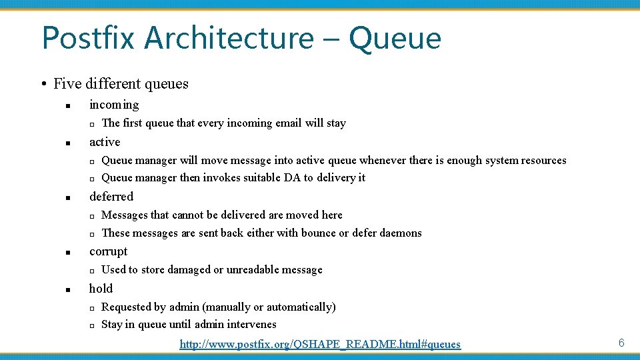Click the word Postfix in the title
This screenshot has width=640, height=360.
[88, 38]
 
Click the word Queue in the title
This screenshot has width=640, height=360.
[395, 38]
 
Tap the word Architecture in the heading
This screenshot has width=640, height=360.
[227, 38]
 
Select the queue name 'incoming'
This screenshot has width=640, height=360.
[114, 105]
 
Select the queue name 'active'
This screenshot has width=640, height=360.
[105, 142]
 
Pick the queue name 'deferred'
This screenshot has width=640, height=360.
[111, 197]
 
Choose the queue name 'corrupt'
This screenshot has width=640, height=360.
[108, 251]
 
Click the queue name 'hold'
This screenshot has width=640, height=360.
[101, 289]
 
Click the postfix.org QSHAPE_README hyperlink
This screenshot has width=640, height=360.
[320, 344]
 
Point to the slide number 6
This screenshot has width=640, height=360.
[621, 343]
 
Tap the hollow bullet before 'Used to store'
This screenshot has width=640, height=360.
[92, 271]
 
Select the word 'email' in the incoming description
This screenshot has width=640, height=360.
[289, 123]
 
